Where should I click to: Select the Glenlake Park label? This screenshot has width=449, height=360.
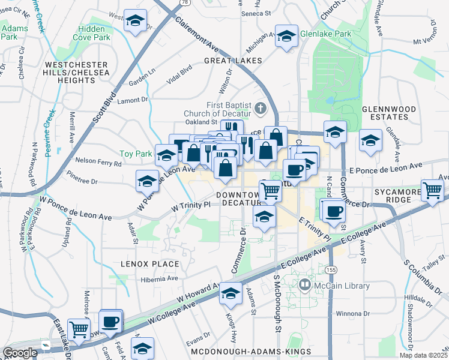pyautogui.click(x=325, y=34)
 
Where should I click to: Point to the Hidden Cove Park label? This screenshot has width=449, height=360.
pyautogui.click(x=94, y=32)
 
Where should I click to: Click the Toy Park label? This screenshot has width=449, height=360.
pyautogui.click(x=136, y=154)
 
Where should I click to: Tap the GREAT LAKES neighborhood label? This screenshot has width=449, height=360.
pyautogui.click(x=233, y=61)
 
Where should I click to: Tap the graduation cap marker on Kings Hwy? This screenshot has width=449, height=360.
pyautogui.click(x=230, y=293)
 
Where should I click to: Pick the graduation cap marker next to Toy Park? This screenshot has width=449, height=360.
pyautogui.click(x=166, y=156)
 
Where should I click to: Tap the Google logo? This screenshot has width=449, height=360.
pyautogui.click(x=20, y=353)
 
